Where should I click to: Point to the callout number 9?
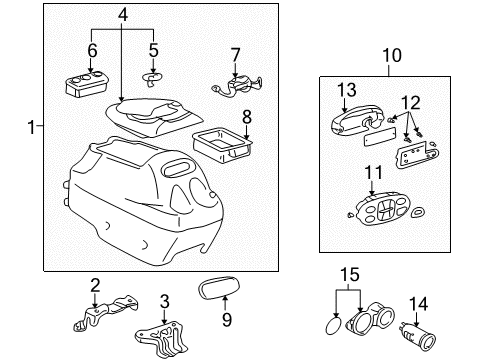226,320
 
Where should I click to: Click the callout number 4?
123,14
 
